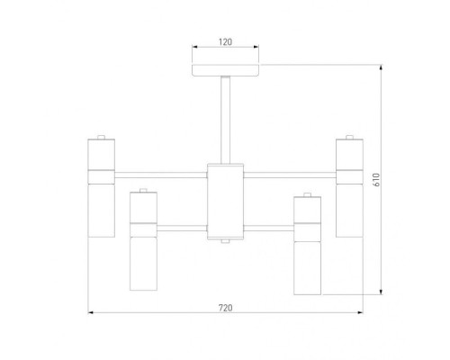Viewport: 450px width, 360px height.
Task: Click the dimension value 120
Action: point(225,42)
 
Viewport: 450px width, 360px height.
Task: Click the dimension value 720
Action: point(225,308)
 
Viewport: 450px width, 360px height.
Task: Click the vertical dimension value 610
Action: point(376,180)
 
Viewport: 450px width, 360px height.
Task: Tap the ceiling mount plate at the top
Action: point(225,70)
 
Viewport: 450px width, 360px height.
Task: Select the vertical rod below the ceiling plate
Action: point(226,120)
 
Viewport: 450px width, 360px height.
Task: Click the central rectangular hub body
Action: point(225,202)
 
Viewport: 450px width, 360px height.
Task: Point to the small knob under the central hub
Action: point(225,241)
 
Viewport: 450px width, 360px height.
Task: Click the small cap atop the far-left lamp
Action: point(101,137)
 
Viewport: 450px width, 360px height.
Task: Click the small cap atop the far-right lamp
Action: point(349,137)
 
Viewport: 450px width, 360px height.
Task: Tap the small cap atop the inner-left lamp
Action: point(143,190)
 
